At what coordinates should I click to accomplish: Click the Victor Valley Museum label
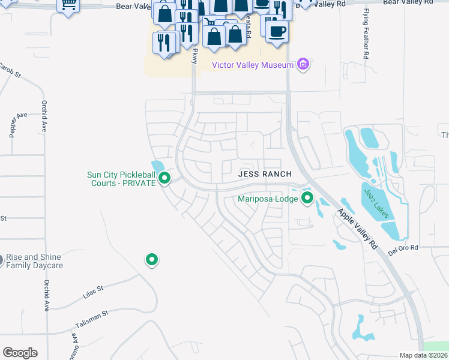[x=253, y=65]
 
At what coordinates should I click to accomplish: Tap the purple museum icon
[x=303, y=64]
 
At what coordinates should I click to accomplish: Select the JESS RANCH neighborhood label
[x=265, y=174]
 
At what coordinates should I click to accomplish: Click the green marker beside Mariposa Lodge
[x=307, y=197]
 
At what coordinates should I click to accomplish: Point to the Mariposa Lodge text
[x=268, y=198]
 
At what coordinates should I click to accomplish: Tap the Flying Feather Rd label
[x=366, y=33]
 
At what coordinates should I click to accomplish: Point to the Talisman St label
[x=91, y=318]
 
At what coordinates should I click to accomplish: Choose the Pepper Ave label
[x=14, y=124]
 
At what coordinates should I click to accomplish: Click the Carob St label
[x=10, y=71]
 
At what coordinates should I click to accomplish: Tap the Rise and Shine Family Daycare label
[x=34, y=261]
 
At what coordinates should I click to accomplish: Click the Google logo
[x=20, y=352]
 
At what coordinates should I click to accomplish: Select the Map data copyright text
[x=424, y=355]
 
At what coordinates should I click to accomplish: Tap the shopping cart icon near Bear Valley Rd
[x=68, y=5]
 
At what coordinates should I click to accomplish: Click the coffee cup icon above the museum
[x=277, y=31]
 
